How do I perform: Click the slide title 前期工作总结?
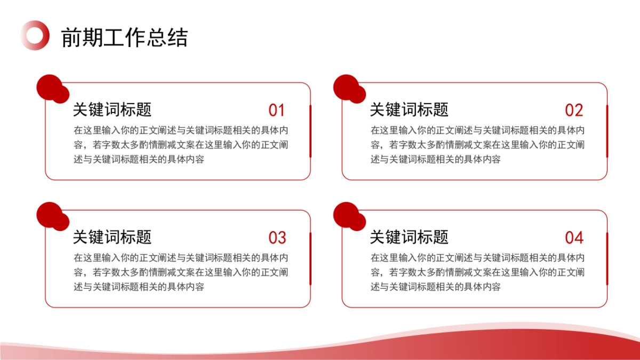(x=124, y=38)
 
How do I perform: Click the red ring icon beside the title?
(x=35, y=35)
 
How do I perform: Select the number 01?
(x=276, y=110)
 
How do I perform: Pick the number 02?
(x=574, y=110)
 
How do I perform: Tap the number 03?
(x=277, y=238)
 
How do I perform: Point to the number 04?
(x=574, y=238)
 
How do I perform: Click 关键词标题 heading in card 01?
(x=112, y=110)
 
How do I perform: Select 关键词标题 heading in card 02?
(x=409, y=110)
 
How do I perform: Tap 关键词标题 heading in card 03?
(x=112, y=237)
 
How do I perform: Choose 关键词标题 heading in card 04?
(x=409, y=237)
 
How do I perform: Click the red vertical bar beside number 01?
(x=310, y=131)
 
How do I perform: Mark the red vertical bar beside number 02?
(x=607, y=131)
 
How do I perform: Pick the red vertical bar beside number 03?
(x=310, y=258)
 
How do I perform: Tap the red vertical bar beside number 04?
(x=607, y=258)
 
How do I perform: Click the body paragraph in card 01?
(x=181, y=145)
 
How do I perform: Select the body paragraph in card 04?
(x=478, y=272)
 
